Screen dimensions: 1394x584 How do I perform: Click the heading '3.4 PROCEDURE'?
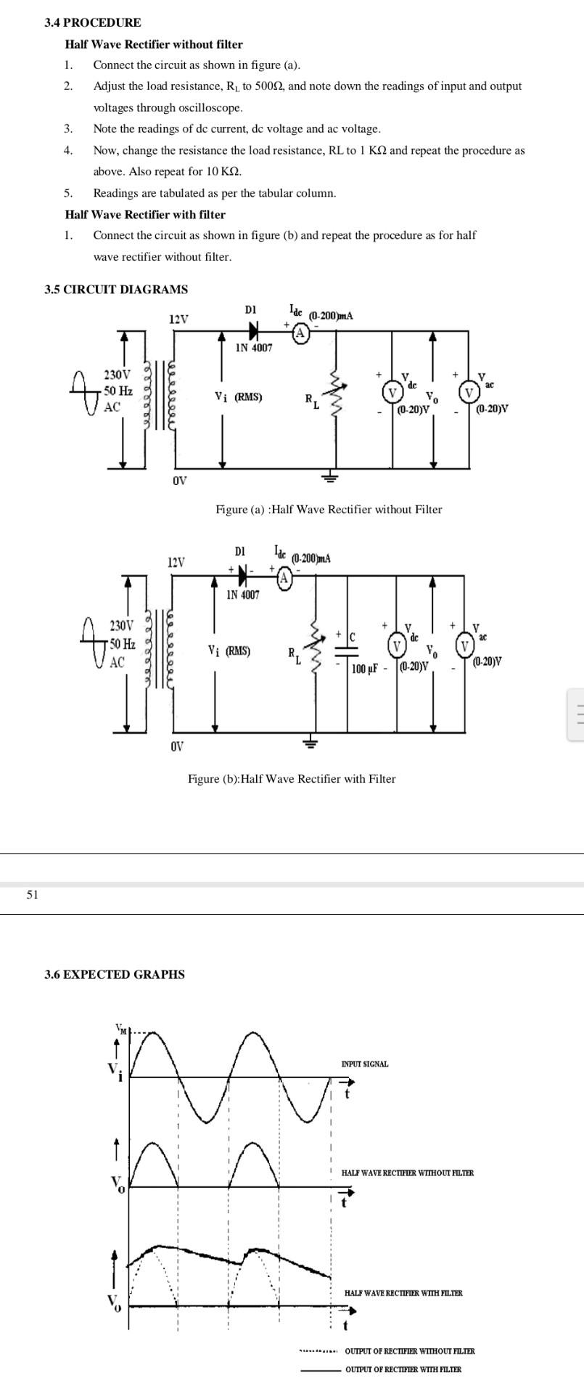coord(92,23)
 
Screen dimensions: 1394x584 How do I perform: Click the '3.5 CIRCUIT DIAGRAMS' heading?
coord(115,289)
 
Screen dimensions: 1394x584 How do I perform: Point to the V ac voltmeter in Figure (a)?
coord(468,393)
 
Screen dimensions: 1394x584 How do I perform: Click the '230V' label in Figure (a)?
coord(118,375)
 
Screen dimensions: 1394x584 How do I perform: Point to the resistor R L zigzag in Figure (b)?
coord(313,645)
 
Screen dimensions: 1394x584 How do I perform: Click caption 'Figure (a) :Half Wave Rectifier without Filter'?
coord(328,510)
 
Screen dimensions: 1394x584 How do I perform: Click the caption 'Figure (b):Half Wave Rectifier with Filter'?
coord(292,778)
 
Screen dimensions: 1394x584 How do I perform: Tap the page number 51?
coord(31,894)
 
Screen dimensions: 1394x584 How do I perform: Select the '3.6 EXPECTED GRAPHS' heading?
coord(114,974)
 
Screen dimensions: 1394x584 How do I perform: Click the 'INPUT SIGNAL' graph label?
coord(364,1064)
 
